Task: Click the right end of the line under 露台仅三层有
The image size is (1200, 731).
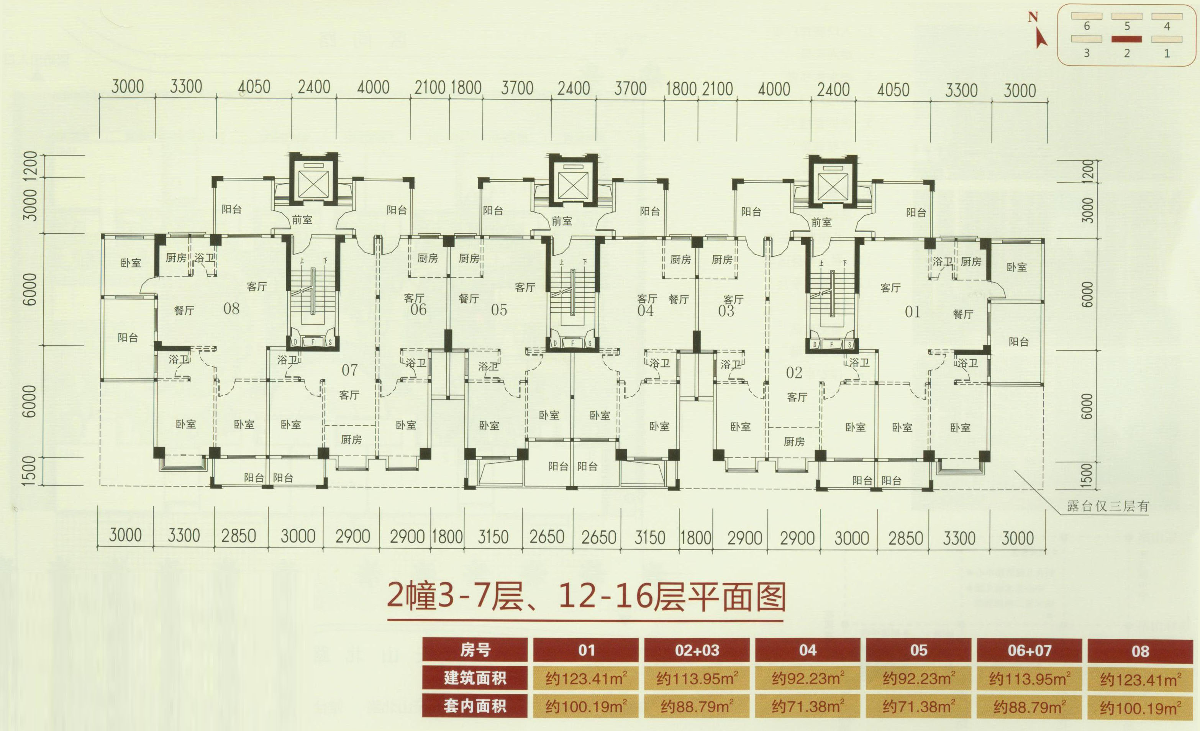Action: click(1149, 514)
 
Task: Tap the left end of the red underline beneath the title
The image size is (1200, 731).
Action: click(388, 620)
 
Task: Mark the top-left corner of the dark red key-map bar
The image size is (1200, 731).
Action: click(1111, 36)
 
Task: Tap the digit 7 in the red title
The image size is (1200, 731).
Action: click(483, 596)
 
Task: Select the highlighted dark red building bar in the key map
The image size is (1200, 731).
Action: click(1126, 39)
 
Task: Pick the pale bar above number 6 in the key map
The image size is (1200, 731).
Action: click(1087, 16)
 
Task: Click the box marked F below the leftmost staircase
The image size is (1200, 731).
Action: click(313, 342)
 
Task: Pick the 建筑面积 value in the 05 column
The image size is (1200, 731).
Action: click(918, 679)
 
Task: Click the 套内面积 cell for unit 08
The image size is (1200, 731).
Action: click(1140, 706)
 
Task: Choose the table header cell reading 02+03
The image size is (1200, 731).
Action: click(697, 650)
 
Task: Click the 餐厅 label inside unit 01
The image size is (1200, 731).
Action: click(963, 315)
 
